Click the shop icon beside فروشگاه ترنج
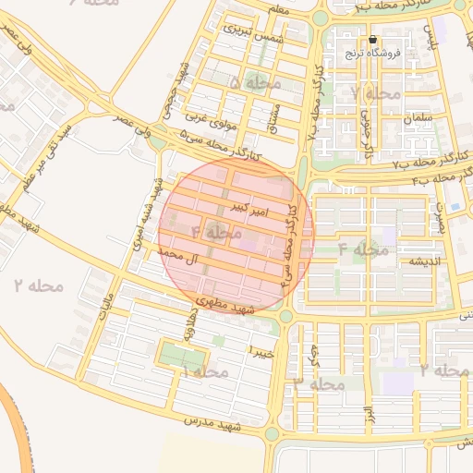tap(372, 40)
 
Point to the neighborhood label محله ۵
tap(254, 84)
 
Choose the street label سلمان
tap(418, 119)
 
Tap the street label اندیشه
tap(414, 261)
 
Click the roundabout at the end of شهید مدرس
tap(273, 432)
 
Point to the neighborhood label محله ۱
tap(205, 371)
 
